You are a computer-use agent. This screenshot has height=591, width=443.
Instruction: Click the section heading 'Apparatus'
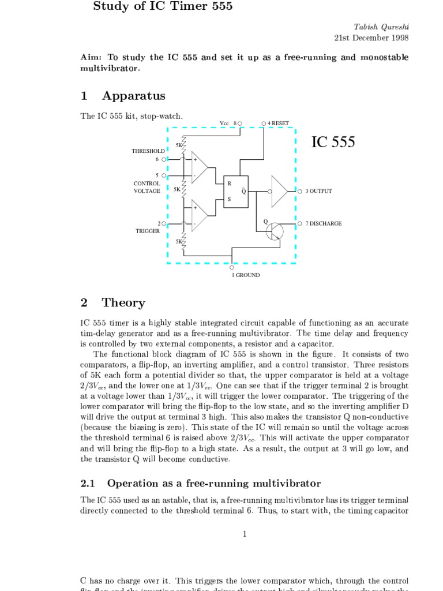[x=133, y=96]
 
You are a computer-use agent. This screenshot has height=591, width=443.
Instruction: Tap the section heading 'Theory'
[x=123, y=302]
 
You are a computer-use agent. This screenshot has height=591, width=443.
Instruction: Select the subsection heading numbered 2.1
[x=201, y=483]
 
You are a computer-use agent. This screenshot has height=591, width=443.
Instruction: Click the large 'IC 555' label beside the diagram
[x=333, y=142]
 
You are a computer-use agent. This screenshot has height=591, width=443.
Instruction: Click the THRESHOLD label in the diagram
[x=148, y=151]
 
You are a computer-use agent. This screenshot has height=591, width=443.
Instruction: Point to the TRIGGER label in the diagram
[x=148, y=231]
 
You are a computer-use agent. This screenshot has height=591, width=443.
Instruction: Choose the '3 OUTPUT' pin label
[x=318, y=191]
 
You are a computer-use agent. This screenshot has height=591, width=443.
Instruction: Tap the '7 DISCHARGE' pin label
[x=323, y=223]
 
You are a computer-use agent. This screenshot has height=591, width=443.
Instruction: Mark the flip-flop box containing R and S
[x=236, y=191]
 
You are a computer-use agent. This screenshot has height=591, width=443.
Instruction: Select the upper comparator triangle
[x=198, y=167]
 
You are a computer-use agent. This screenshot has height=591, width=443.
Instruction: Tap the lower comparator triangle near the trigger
[x=198, y=215]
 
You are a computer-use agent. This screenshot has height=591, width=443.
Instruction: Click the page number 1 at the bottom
[x=245, y=534]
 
